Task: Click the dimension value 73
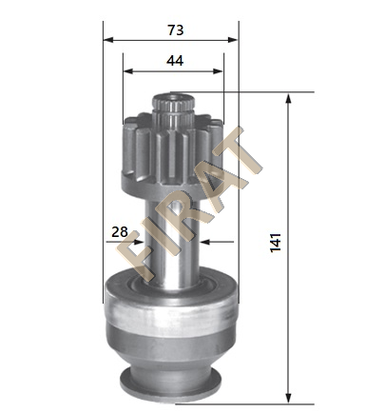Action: (176, 30)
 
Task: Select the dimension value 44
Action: (175, 60)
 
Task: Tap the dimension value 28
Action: (120, 232)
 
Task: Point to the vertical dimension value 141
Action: (276, 243)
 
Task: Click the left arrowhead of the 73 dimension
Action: (108, 40)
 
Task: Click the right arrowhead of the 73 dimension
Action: (233, 40)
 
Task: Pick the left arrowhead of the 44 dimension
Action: (128, 71)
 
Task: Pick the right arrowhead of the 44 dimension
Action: (219, 71)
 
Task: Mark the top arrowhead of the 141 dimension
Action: (288, 99)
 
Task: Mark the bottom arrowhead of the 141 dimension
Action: (288, 398)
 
